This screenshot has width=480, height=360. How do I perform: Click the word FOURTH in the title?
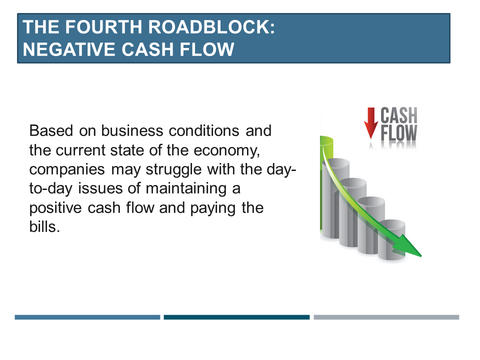tap(103, 27)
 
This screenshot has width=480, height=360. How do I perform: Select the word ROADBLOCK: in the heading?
tap(211, 27)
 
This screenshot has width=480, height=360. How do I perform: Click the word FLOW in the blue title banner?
tap(207, 49)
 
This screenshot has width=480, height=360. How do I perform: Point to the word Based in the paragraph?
tap(51, 130)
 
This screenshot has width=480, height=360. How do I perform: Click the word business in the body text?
tap(132, 130)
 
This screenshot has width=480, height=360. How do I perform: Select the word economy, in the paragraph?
tap(227, 150)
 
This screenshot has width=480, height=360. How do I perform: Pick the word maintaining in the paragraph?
tap(186, 188)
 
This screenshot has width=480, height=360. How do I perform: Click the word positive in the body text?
tap(55, 208)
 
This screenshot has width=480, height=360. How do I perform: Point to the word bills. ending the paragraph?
tap(44, 227)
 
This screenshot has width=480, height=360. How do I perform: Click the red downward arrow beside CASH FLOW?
tap(370, 123)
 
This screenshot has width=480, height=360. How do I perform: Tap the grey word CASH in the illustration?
tap(399, 115)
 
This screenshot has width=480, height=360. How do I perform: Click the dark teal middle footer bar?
tap(236, 317)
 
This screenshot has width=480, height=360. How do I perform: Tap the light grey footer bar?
tap(386, 317)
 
